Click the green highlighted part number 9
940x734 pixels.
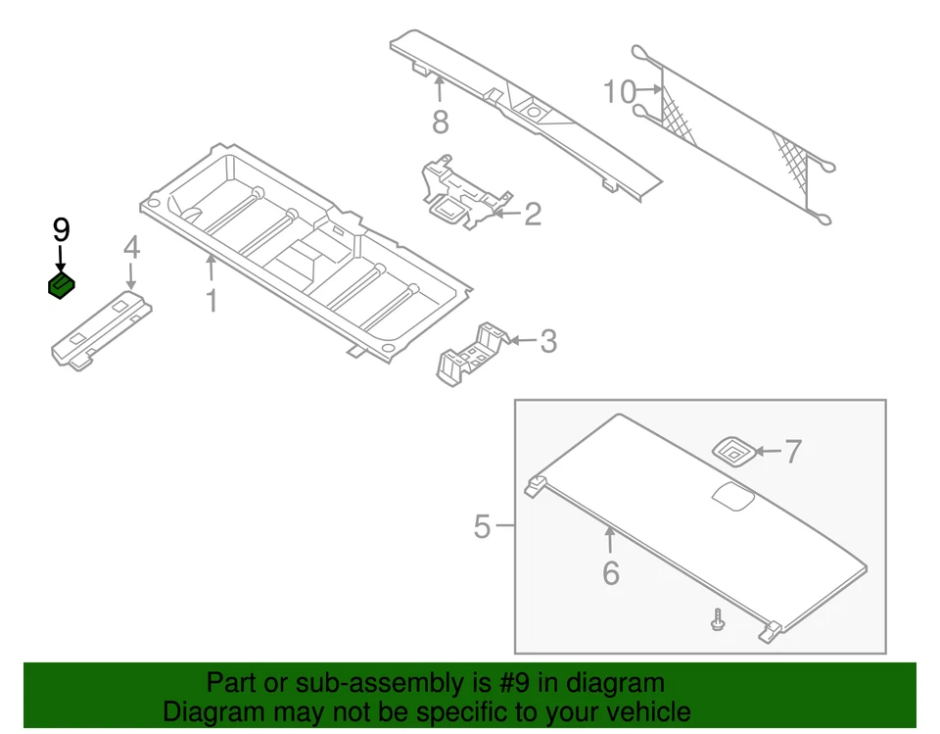tap(62, 286)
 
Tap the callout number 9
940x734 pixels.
tap(61, 231)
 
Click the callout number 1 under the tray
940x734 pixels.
tap(211, 299)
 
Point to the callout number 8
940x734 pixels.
tap(440, 122)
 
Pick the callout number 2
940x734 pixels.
tap(532, 215)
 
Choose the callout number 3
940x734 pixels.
tap(548, 341)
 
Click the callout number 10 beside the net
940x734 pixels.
tap(619, 92)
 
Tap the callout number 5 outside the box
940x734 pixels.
tap(481, 527)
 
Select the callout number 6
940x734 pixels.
tap(611, 573)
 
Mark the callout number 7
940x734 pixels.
tap(793, 452)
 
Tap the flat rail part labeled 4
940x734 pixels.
tap(101, 328)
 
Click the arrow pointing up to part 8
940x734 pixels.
tap(440, 90)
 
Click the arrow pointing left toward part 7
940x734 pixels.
tap(768, 452)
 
